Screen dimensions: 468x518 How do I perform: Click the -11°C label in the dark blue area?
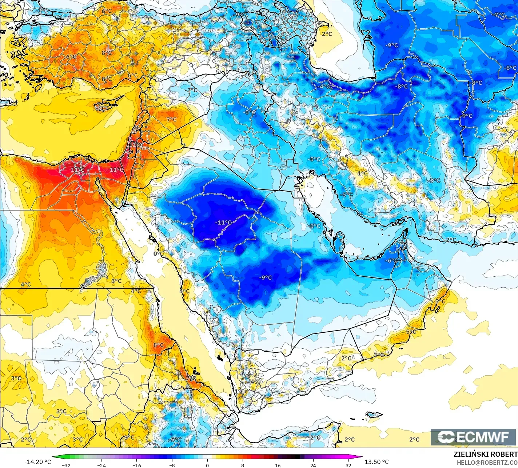tap(223, 223)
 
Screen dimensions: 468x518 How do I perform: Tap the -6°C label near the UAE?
tap(392, 260)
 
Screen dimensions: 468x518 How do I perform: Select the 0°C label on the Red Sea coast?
tap(157, 253)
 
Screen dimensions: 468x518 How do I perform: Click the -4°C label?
tap(323, 87)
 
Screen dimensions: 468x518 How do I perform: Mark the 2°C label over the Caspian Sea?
tap(327, 34)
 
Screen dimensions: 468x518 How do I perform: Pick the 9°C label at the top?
tap(239, 15)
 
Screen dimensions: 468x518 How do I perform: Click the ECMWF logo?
tap(474, 437)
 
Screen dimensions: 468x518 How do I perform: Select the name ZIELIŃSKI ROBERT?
tap(485, 454)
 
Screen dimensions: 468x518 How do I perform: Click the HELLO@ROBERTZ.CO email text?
tap(487, 462)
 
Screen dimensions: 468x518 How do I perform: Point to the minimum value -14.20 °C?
tap(38, 462)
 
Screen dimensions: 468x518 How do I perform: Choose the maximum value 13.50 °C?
tap(377, 462)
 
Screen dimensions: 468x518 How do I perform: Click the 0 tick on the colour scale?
tap(207, 465)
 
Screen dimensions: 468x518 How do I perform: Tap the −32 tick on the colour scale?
tap(66, 465)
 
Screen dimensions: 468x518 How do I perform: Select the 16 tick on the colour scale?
tap(278, 465)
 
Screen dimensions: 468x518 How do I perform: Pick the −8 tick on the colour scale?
tap(172, 465)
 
